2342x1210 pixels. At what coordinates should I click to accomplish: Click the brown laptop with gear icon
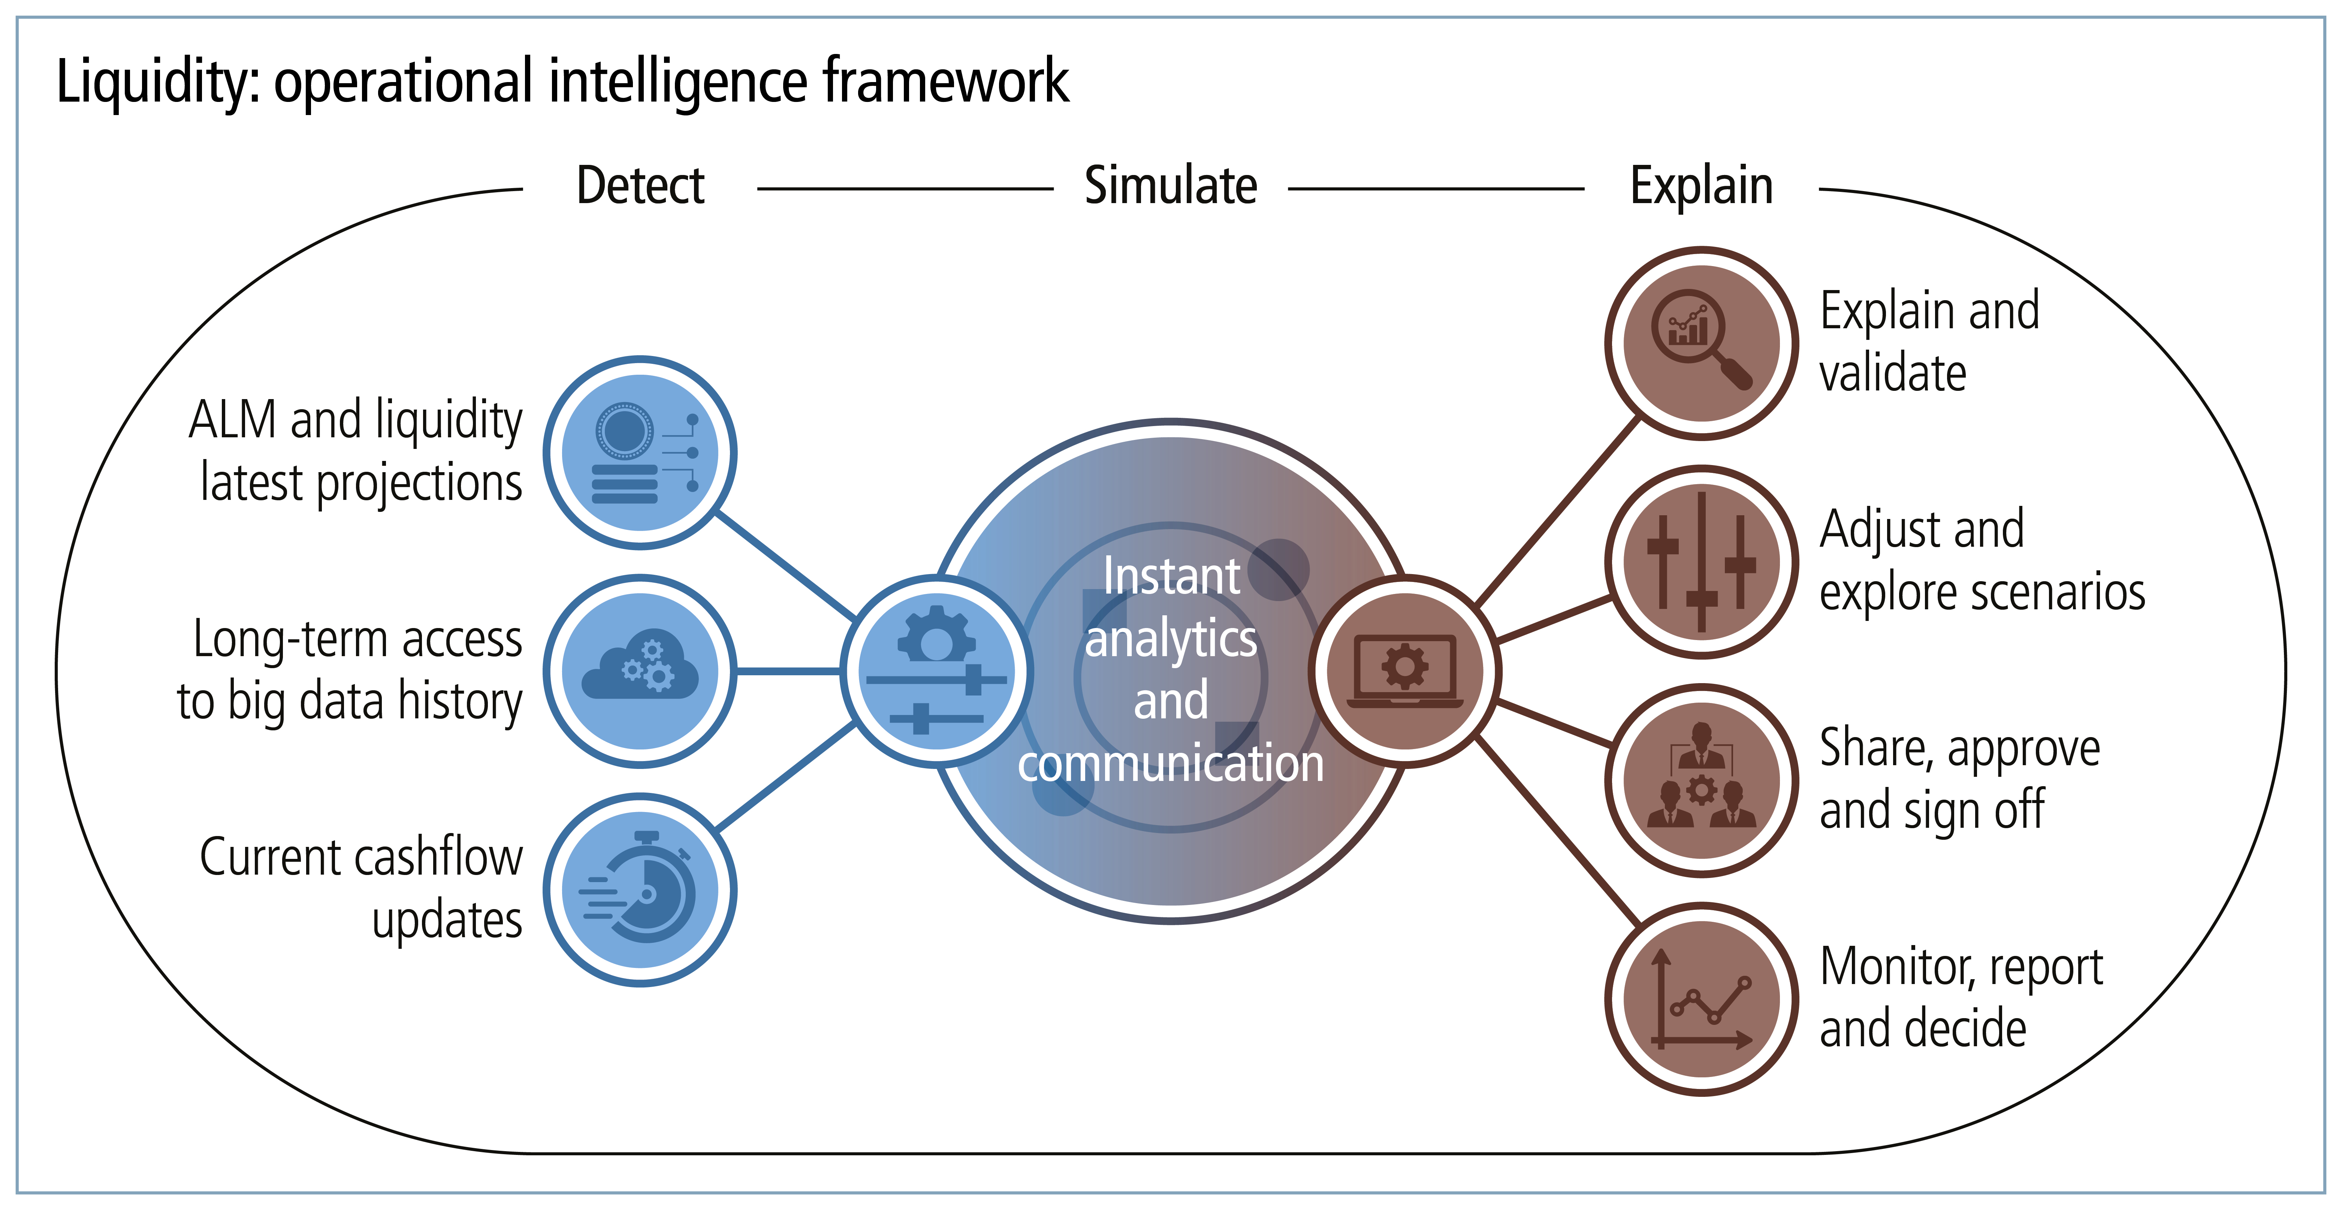coord(1405,671)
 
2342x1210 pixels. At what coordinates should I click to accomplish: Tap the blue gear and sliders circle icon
coord(936,671)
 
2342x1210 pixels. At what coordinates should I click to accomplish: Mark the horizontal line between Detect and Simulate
coord(905,189)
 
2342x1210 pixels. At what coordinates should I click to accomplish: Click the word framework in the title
coord(945,82)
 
